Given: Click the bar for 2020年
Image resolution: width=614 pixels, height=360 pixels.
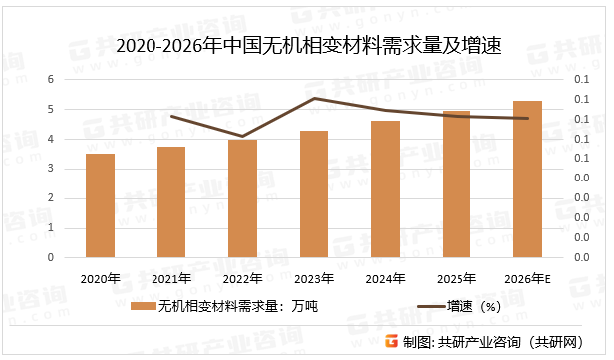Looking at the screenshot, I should tap(100, 205).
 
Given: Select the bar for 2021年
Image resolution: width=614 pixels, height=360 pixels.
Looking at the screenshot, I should tap(171, 202).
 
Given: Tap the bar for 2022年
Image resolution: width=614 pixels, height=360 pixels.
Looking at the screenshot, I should tap(242, 198).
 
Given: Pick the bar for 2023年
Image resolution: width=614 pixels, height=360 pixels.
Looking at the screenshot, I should tap(314, 194).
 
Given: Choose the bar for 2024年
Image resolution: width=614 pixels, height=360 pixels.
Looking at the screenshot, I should tap(385, 189).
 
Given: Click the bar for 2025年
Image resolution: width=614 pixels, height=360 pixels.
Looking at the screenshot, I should tap(457, 184).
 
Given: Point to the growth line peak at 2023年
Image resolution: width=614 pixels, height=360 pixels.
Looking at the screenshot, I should tap(314, 98).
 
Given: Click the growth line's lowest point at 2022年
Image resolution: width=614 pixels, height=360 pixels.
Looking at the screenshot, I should tap(242, 136).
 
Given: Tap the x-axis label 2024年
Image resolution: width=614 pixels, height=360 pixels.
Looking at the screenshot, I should tap(385, 278).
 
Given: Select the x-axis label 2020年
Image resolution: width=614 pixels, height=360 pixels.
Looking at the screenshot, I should tap(100, 278).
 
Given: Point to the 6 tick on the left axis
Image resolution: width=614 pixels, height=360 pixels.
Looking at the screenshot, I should tap(52, 79).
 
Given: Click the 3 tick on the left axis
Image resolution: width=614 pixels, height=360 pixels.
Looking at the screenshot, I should tap(52, 169).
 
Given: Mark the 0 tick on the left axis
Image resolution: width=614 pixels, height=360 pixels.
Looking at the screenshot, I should tap(52, 257).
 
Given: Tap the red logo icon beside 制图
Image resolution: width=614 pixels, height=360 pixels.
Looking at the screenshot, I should tap(392, 340).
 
